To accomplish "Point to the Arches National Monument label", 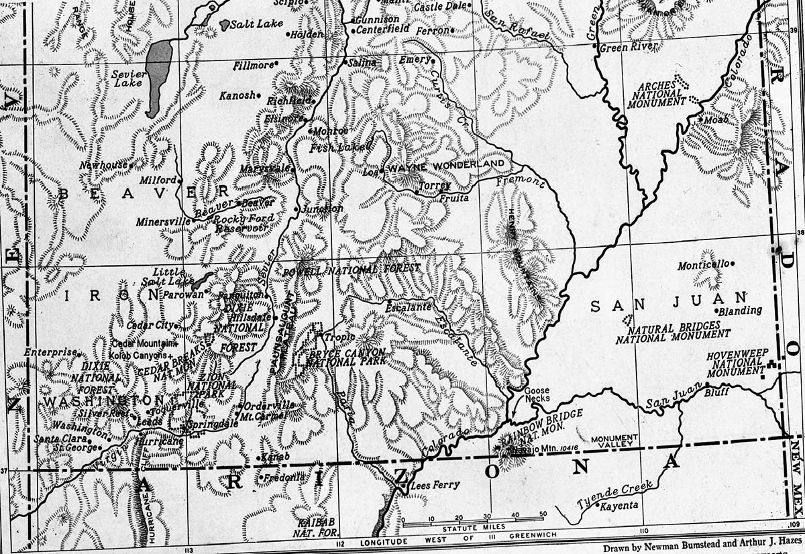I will click(661, 95).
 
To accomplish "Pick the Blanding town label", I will click(741, 311).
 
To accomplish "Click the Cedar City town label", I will click(154, 325).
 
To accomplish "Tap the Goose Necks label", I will click(537, 395).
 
